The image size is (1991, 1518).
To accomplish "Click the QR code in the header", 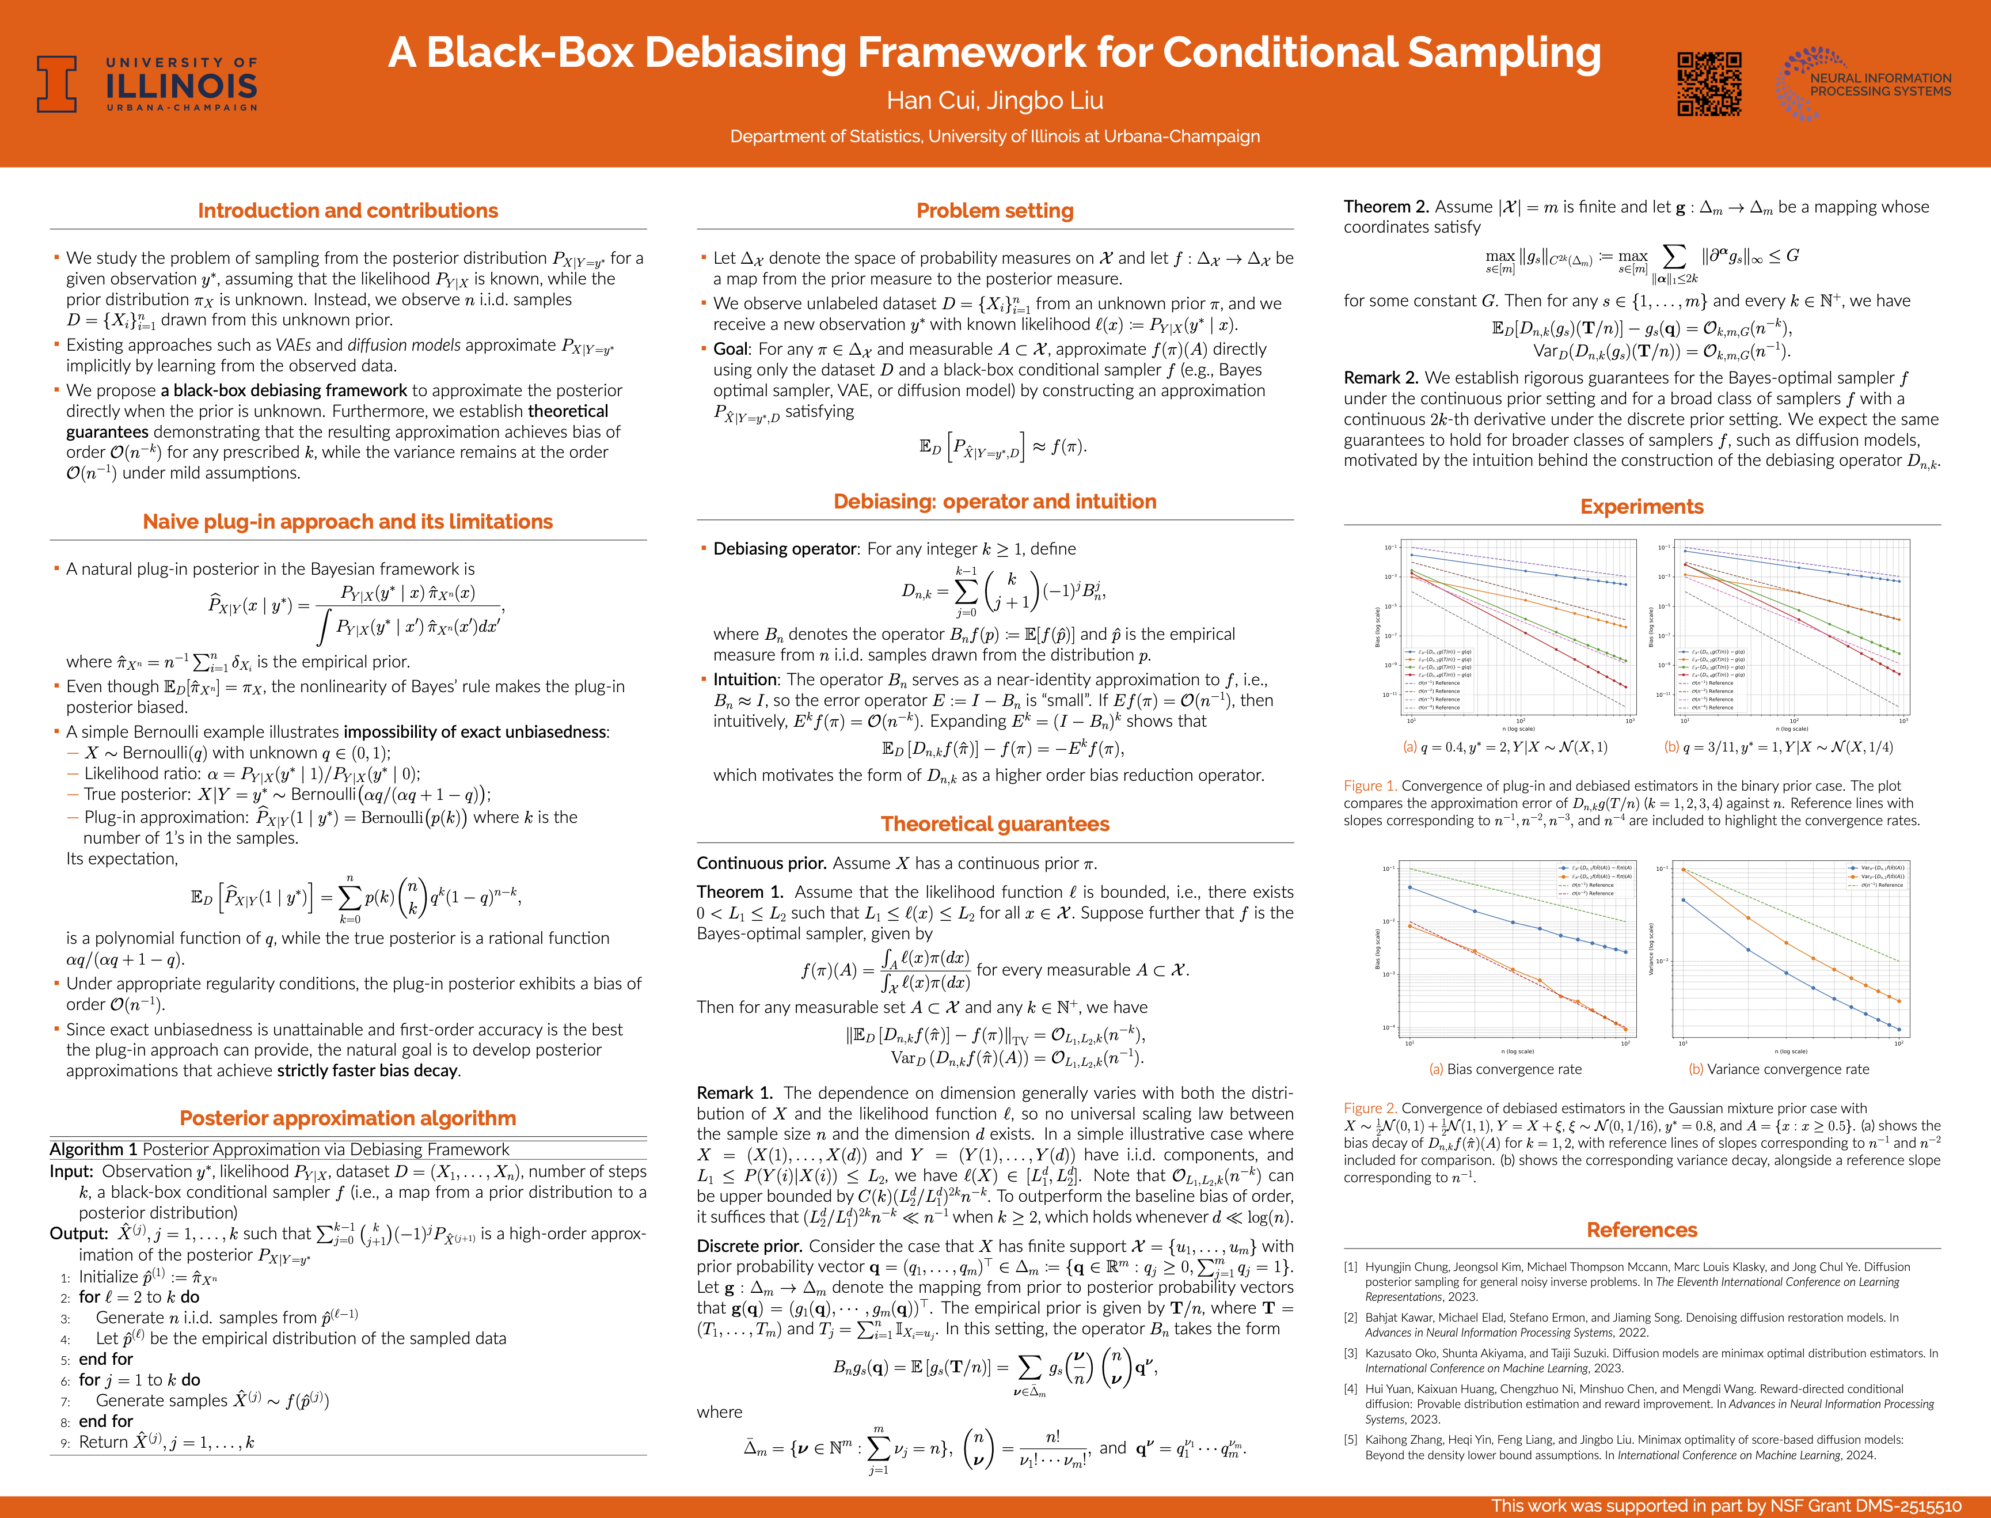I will pyautogui.click(x=1709, y=84).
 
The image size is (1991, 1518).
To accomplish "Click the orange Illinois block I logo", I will pyautogui.click(x=56, y=84).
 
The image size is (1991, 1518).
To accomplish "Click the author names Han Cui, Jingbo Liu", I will pyautogui.click(x=994, y=100).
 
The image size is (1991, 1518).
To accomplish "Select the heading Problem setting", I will pyautogui.click(x=994, y=211).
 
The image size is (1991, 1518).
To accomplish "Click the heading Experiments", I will pyautogui.click(x=1642, y=507).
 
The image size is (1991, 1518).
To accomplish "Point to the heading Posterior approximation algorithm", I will pyautogui.click(x=348, y=1118).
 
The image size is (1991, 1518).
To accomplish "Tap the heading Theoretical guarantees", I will pyautogui.click(x=994, y=824).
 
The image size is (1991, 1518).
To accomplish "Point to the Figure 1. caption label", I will pyautogui.click(x=1370, y=786).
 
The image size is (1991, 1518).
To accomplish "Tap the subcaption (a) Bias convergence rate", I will pyautogui.click(x=1505, y=1069).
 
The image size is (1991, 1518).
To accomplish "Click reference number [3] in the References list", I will pyautogui.click(x=1351, y=1353).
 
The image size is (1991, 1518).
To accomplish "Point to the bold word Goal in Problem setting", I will pyautogui.click(x=731, y=349).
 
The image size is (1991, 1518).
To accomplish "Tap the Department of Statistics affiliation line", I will pyautogui.click(x=994, y=136).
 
